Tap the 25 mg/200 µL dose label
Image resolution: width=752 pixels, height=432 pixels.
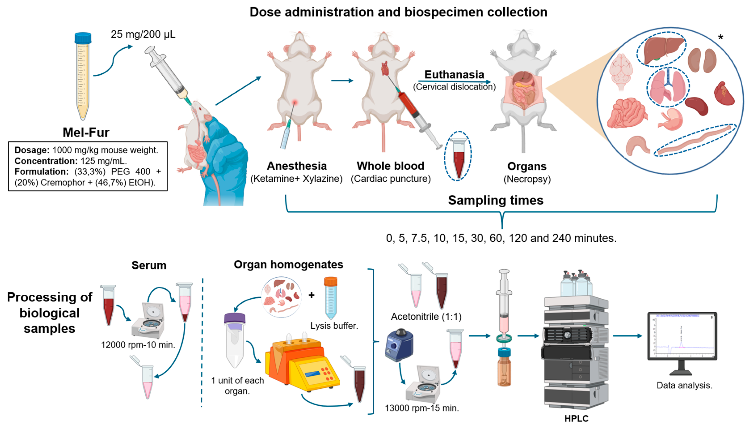pos(143,34)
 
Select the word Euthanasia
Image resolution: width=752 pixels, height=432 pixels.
pos(454,74)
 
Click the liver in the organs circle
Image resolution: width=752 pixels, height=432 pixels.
pos(664,49)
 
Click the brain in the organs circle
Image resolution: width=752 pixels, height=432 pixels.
pos(621,71)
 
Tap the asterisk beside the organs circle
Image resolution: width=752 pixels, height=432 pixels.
pos(720,37)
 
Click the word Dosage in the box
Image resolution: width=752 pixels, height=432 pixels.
pos(32,150)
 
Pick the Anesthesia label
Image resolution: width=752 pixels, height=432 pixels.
pos(297,166)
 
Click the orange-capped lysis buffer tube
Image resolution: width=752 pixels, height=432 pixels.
pos(331,298)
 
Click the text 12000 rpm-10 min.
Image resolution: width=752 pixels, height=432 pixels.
pos(138,345)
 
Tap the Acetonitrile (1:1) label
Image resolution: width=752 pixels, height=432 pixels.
pos(426,317)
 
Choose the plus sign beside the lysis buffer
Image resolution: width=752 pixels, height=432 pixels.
pos(311,295)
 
